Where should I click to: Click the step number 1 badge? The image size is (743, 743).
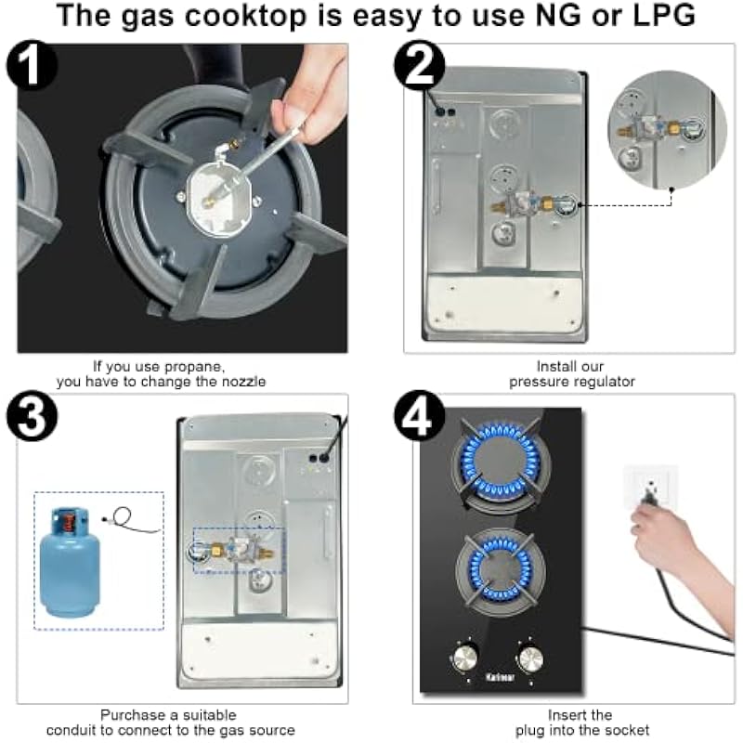(32, 65)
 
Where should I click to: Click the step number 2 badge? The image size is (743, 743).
(420, 65)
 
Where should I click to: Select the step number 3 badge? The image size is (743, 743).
(32, 416)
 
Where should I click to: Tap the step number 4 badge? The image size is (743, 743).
(420, 416)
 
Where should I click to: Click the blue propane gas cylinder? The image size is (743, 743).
(71, 562)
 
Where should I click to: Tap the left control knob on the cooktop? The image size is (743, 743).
(465, 658)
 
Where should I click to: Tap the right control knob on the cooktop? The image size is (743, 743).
(530, 658)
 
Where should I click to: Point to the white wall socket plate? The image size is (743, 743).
(650, 487)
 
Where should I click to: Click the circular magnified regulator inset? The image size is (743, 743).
(667, 129)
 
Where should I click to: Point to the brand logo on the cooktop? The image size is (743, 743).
(500, 677)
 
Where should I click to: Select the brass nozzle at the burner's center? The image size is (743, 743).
(208, 202)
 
